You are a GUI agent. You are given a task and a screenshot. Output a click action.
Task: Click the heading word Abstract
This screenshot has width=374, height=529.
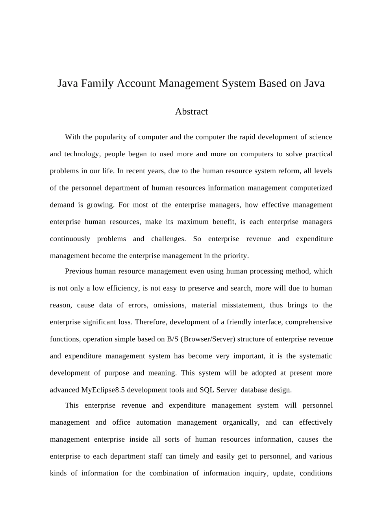click(x=191, y=112)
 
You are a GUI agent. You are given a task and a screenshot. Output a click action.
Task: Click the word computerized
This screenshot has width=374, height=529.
click(x=311, y=188)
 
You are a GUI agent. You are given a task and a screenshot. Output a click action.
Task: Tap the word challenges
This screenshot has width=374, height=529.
click(x=168, y=239)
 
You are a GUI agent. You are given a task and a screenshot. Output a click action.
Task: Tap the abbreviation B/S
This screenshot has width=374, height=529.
click(x=173, y=339)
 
